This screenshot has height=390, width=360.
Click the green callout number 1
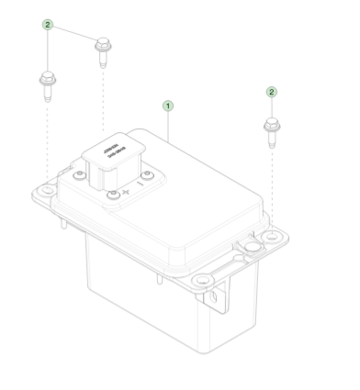click(x=167, y=106)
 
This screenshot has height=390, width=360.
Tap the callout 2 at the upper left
click(x=48, y=25)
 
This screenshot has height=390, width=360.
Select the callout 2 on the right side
click(x=271, y=92)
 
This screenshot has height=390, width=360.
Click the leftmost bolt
click(x=46, y=84)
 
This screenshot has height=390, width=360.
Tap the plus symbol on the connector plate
click(x=125, y=193)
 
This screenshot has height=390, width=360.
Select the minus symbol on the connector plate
click(x=141, y=184)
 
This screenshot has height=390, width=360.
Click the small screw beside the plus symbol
click(x=112, y=195)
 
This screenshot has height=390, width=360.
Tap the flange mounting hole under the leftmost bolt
click(x=43, y=193)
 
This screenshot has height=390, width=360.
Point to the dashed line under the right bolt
click(x=272, y=184)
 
